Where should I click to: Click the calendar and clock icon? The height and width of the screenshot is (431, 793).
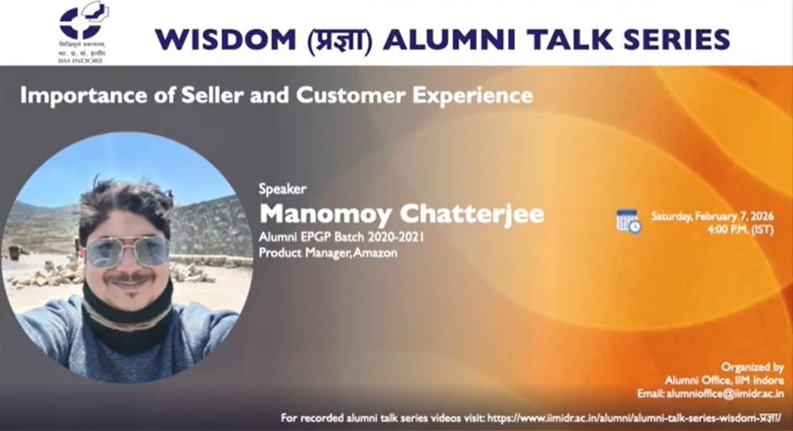pyautogui.click(x=628, y=221)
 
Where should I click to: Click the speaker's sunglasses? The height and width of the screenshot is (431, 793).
pyautogui.click(x=127, y=250)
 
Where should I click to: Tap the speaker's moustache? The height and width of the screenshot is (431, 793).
pyautogui.click(x=127, y=277)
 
